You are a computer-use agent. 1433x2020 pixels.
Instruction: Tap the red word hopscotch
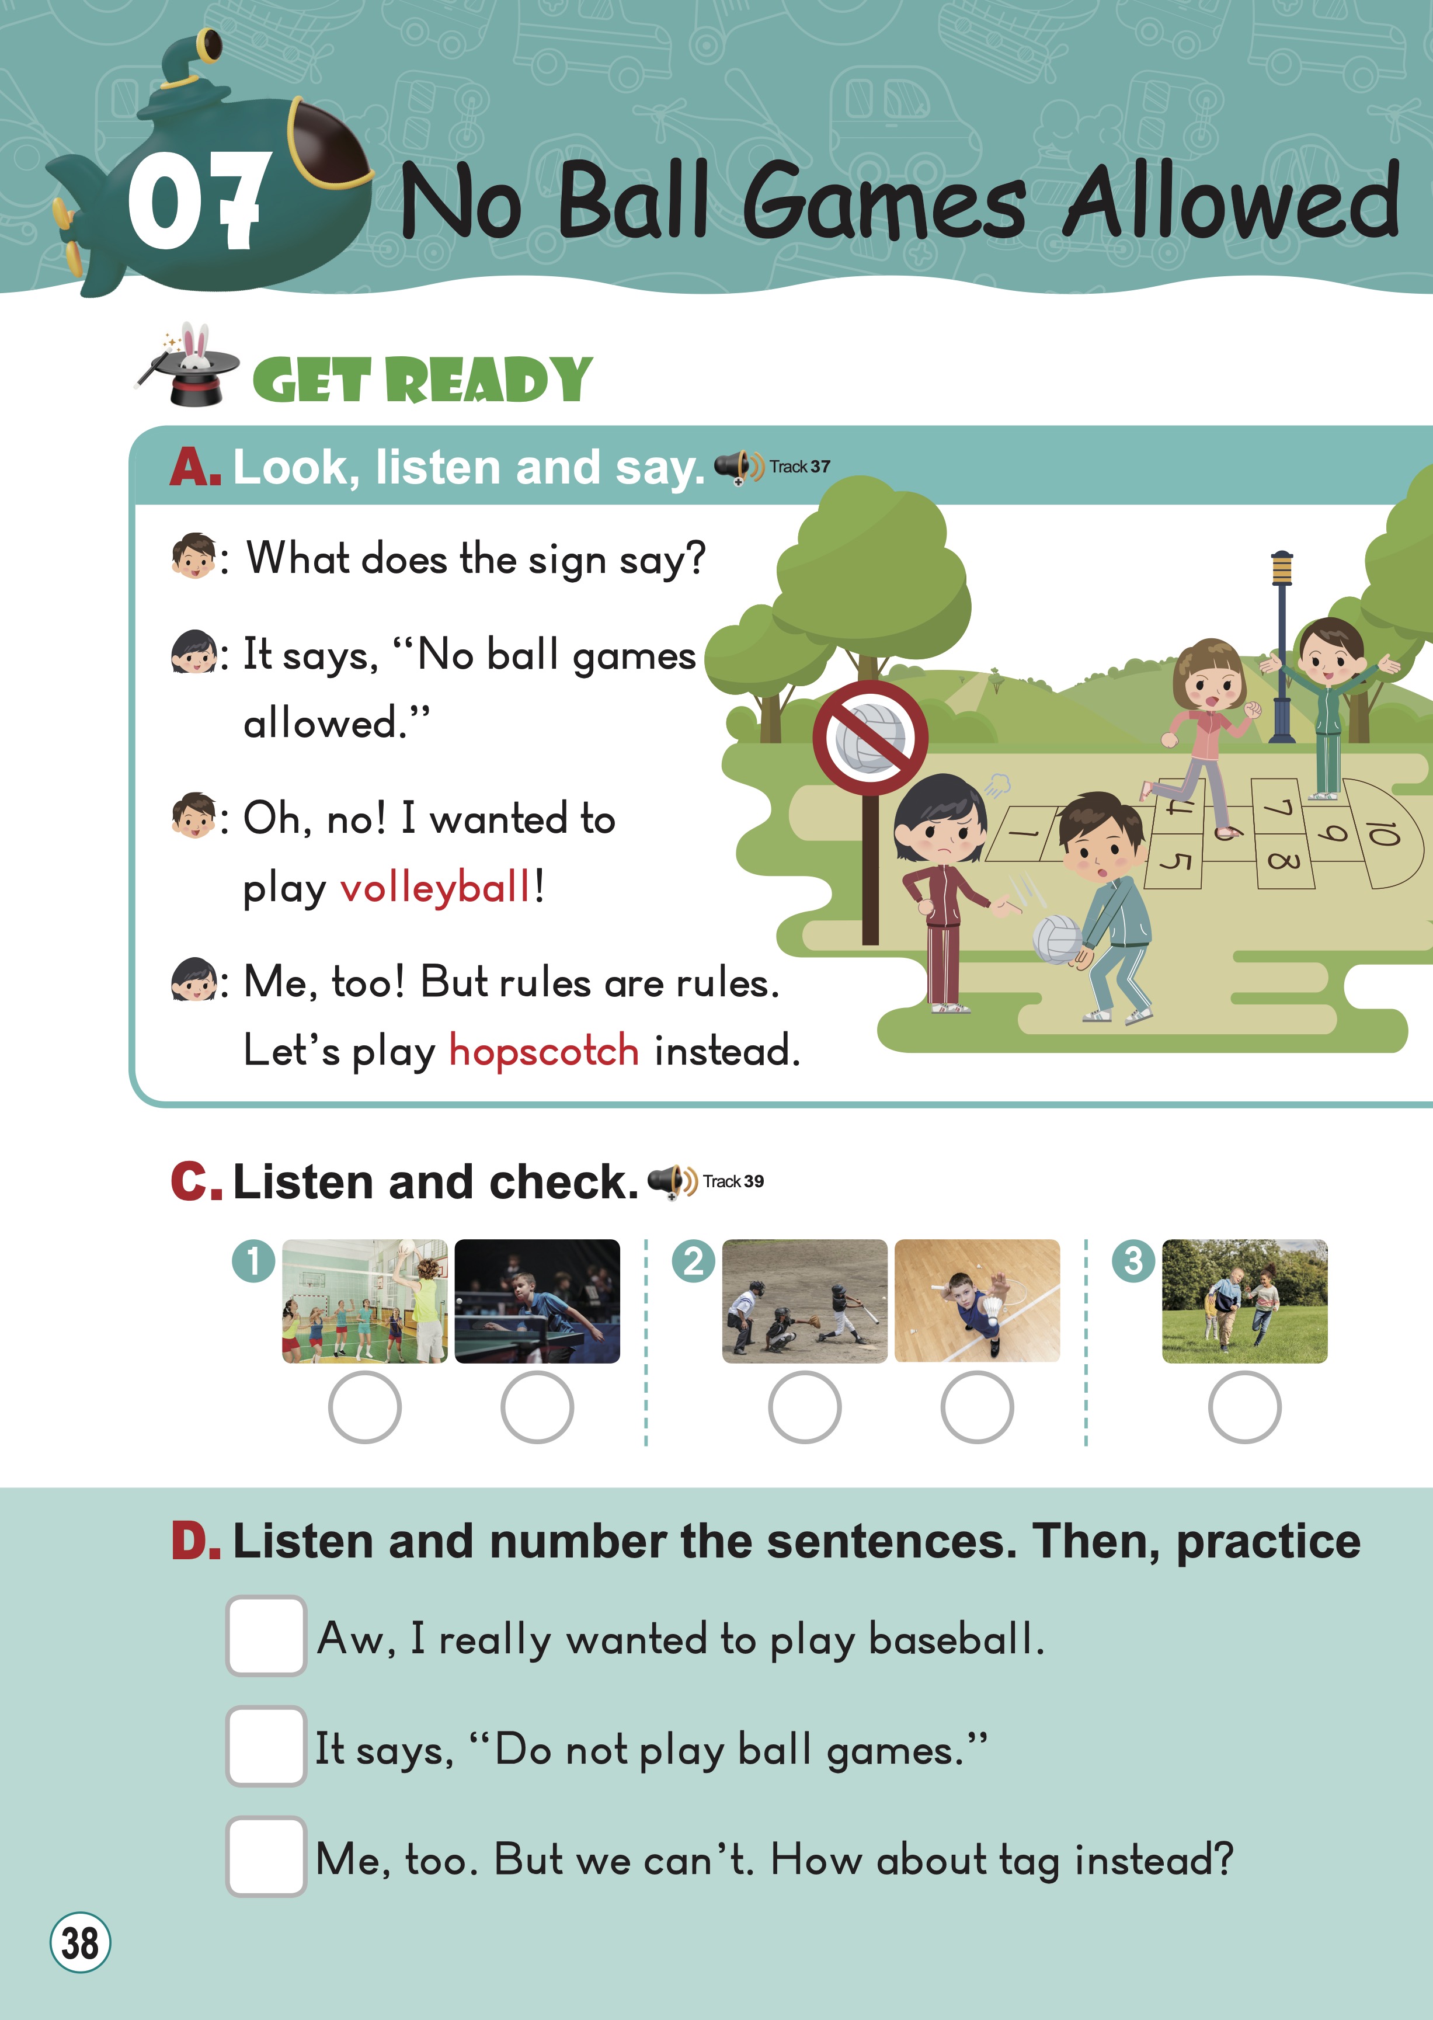544,1050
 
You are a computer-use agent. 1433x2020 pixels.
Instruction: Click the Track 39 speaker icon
672,1181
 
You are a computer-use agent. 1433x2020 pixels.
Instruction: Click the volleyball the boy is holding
1057,939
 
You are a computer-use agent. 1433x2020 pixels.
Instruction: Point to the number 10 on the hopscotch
1383,832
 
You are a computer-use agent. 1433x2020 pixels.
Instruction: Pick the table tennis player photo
537,1301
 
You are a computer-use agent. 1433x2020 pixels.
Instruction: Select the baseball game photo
805,1301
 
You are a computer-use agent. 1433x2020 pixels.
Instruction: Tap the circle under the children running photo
1244,1407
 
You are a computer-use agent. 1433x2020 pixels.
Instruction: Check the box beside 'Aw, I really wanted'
266,1635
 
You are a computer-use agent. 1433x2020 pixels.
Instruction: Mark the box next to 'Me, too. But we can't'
266,1856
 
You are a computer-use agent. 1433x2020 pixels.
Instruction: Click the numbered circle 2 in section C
694,1261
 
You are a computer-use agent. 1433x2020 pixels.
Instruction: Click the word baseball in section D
957,1639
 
